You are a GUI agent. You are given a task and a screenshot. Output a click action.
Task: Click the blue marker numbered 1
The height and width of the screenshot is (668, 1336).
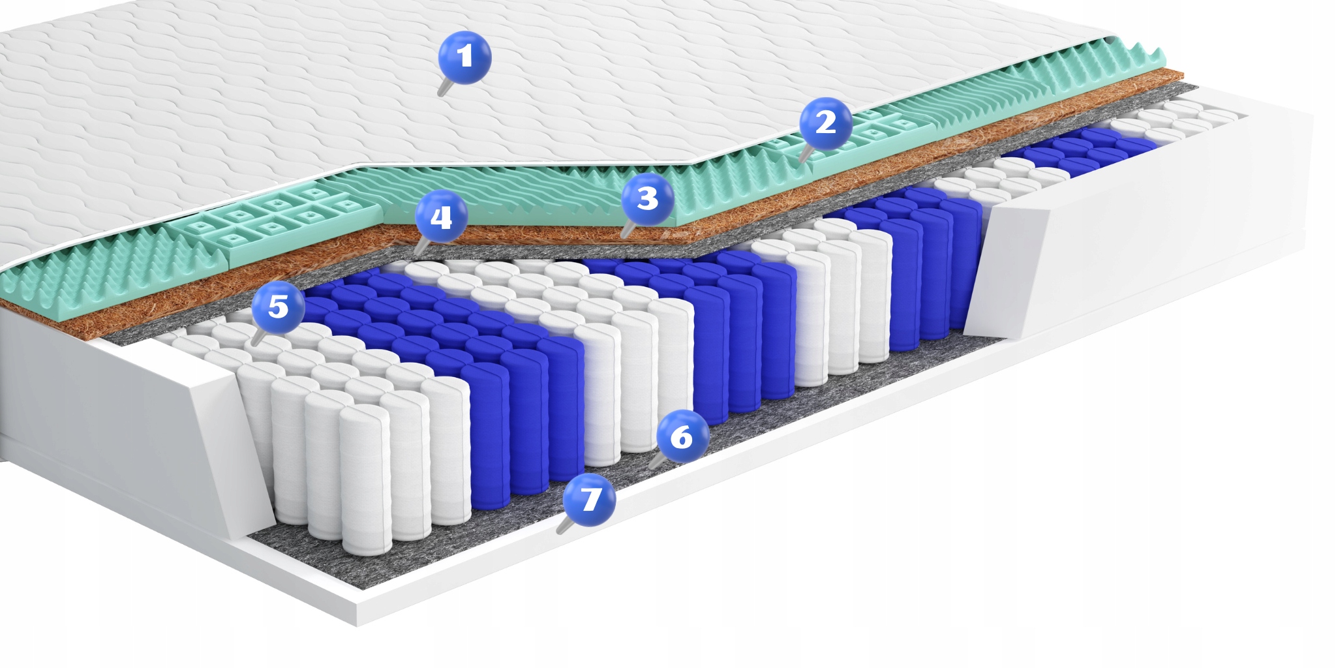(464, 57)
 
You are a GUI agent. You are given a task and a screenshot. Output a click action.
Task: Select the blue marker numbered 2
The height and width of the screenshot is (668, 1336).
(826, 123)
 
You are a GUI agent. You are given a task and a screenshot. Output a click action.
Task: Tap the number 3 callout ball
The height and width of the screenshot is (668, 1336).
(647, 199)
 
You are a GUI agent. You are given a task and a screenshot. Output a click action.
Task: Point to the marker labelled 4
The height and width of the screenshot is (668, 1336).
(441, 217)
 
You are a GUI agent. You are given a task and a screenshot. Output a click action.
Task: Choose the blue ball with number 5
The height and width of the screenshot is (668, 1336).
(278, 306)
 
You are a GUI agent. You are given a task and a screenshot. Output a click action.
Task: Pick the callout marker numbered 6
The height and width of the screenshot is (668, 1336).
(682, 436)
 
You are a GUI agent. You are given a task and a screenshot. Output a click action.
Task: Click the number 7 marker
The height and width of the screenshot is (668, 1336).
(589, 500)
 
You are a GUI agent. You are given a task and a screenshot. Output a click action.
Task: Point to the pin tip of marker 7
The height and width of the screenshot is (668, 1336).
(559, 532)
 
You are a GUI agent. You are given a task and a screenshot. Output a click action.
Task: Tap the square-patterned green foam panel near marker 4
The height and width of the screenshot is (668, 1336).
(274, 215)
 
